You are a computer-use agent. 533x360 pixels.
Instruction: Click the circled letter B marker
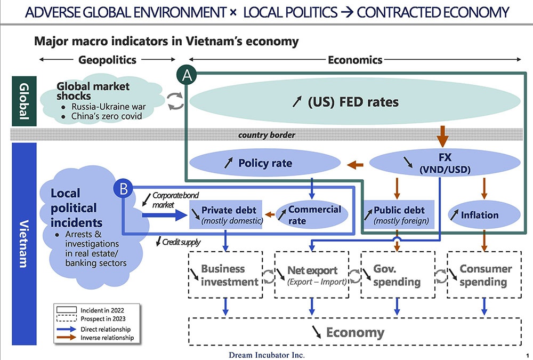(123, 188)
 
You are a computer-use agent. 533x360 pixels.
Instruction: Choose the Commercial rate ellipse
(314, 214)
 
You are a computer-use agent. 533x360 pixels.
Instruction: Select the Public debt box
(398, 214)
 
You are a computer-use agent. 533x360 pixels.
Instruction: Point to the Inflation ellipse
(483, 215)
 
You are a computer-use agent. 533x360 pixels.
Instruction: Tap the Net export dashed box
(312, 275)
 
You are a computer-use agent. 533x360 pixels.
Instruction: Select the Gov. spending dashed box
(397, 275)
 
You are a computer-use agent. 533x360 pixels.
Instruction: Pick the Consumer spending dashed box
(482, 275)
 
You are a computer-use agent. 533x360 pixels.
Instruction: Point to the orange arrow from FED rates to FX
(442, 137)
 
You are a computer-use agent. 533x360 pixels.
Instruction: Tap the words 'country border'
(266, 135)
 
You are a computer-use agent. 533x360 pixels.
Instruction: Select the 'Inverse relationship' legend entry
(107, 338)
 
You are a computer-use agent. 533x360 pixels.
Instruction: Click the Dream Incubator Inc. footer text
(267, 355)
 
